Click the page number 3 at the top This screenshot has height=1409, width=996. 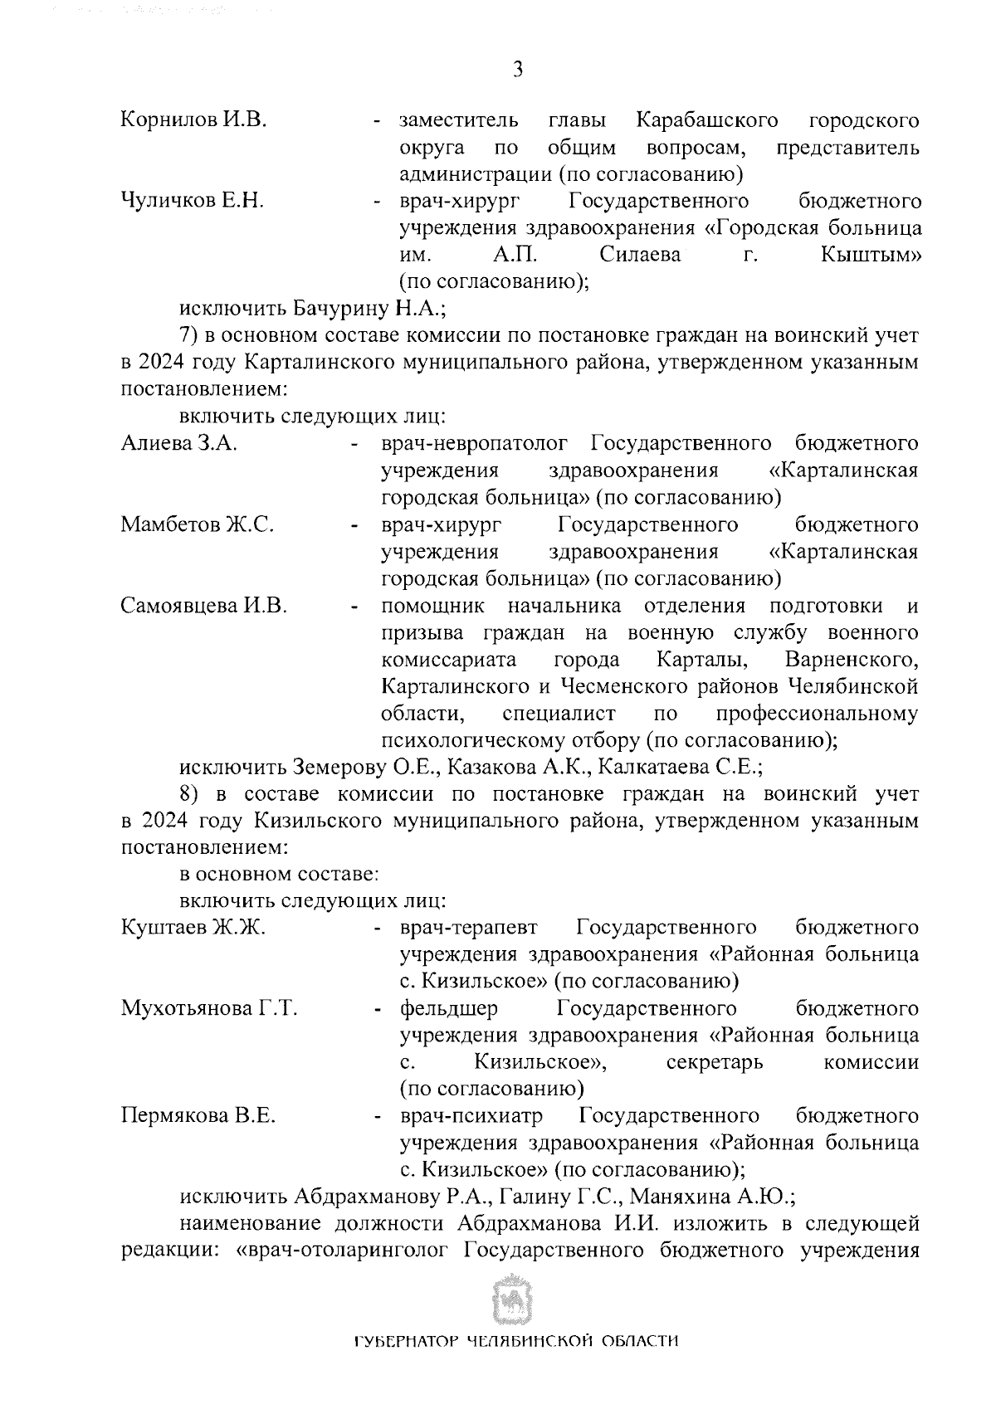tap(517, 70)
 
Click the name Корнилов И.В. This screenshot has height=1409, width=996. tap(193, 120)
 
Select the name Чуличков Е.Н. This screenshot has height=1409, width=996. tap(193, 201)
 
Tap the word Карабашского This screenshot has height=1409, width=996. tap(707, 120)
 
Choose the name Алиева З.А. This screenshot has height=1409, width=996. tap(179, 443)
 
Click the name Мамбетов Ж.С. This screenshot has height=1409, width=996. tap(198, 524)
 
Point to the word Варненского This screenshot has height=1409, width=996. tap(850, 660)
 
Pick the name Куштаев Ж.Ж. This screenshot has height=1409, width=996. tap(193, 927)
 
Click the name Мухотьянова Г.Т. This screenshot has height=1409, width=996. tap(209, 1008)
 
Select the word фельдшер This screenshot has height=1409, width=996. tap(449, 1008)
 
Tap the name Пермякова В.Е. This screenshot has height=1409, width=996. tap(198, 1115)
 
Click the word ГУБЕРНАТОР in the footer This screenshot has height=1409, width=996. tap(403, 1366)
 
